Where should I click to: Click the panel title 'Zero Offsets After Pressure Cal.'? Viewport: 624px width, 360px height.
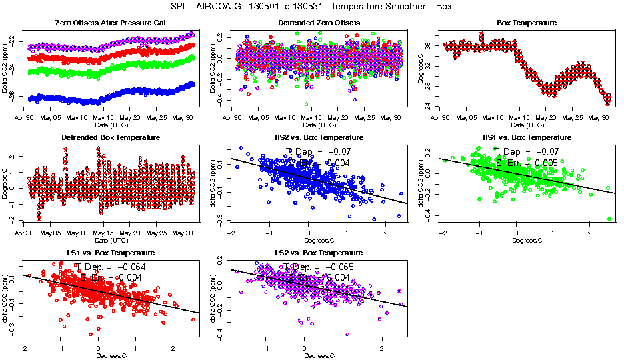coord(111,23)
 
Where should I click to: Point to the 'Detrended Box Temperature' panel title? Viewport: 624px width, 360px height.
coord(111,137)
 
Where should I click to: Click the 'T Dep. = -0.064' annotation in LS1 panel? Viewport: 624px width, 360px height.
coord(100,266)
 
